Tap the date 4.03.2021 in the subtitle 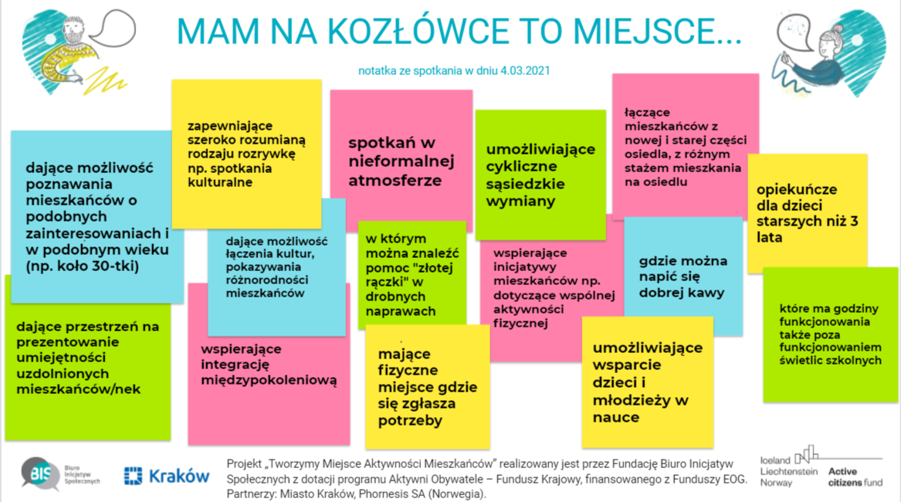tap(525, 71)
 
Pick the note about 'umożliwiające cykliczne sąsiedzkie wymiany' tap(540, 175)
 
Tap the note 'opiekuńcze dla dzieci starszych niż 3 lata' tap(808, 212)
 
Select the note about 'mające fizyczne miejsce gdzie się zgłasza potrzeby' tap(428, 386)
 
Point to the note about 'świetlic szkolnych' tap(830, 334)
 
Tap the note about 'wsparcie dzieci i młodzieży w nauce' tap(648, 382)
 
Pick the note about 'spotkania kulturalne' tap(246, 154)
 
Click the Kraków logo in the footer tap(167, 476)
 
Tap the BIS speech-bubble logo tap(40, 474)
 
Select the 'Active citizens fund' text tap(855, 477)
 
